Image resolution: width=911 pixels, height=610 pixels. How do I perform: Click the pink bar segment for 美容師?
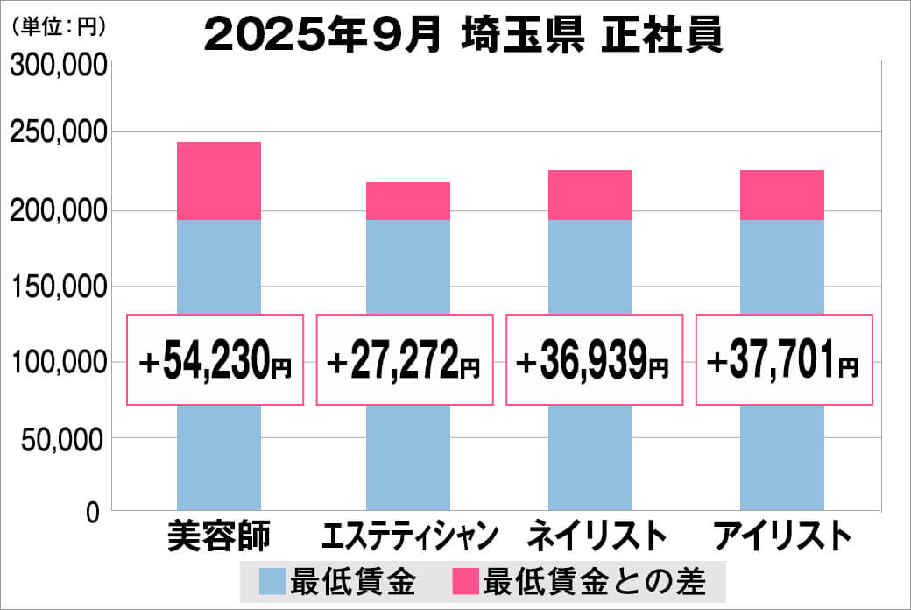pos(218,181)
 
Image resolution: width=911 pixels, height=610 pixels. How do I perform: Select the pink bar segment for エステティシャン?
pos(407,201)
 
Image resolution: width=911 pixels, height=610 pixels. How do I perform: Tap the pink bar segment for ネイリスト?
pos(590,195)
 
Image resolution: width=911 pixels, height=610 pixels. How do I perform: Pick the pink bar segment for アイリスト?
pos(781,195)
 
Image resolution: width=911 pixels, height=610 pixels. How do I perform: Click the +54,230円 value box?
pos(215,360)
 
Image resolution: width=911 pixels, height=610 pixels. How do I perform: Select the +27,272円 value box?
pos(405,360)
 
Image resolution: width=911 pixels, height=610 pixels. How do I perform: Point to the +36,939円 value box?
pos(595,360)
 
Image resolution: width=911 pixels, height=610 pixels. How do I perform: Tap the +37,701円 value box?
pos(784,360)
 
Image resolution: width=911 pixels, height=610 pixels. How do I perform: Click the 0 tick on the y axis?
pos(94,513)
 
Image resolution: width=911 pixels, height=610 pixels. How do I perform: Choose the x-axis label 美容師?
pos(219,536)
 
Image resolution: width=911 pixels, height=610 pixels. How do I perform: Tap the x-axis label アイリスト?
pos(782,536)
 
